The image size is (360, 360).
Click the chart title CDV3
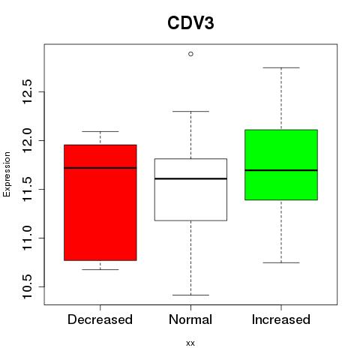[190, 23]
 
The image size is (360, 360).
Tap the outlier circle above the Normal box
[190, 54]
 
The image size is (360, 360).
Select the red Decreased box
[100, 202]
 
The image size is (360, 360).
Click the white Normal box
[190, 190]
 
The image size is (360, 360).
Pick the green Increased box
[281, 165]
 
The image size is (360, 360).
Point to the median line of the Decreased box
[100, 168]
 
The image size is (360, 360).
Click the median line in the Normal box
[190, 178]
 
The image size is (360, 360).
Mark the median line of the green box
[281, 170]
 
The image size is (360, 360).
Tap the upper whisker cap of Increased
[281, 67]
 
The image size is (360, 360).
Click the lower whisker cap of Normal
[190, 295]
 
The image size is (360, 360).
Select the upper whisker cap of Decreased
[100, 131]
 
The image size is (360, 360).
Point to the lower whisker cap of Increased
[281, 262]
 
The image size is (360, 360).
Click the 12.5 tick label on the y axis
[27, 91]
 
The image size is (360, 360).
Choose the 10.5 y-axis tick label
[27, 286]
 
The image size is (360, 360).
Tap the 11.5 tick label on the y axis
[27, 189]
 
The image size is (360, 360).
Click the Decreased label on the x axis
[100, 319]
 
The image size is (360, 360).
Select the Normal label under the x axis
[190, 319]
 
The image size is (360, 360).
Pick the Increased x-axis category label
[281, 319]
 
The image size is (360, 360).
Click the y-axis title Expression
[7, 174]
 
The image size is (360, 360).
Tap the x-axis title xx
[190, 343]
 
